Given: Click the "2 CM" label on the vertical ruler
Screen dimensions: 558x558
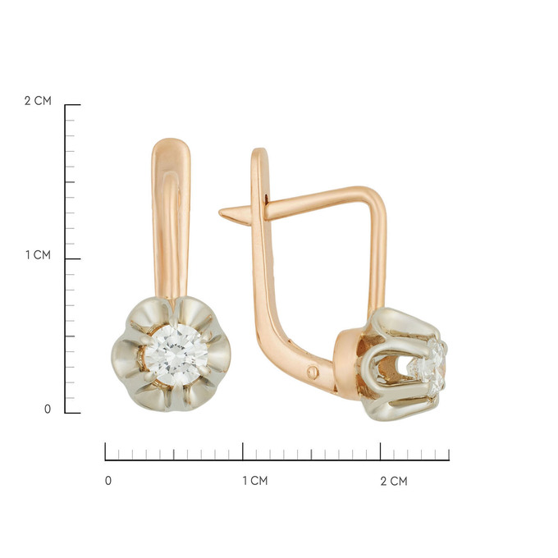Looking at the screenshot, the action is [x=38, y=101].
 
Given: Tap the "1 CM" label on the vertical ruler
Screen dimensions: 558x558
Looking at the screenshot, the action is [x=38, y=255].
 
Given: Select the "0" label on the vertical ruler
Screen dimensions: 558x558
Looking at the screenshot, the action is [x=48, y=409].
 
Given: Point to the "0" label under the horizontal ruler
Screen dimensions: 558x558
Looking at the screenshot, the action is [x=108, y=480].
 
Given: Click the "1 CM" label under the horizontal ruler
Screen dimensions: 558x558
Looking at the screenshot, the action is [x=255, y=481].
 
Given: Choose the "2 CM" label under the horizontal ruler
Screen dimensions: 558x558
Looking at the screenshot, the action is [x=394, y=481].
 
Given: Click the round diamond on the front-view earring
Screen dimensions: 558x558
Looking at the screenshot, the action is [x=176, y=354].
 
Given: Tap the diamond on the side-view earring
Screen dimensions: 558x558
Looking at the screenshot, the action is [x=429, y=365].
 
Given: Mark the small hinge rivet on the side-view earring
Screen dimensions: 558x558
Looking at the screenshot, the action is [x=313, y=372].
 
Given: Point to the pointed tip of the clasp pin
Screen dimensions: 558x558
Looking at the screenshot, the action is [x=221, y=213].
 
